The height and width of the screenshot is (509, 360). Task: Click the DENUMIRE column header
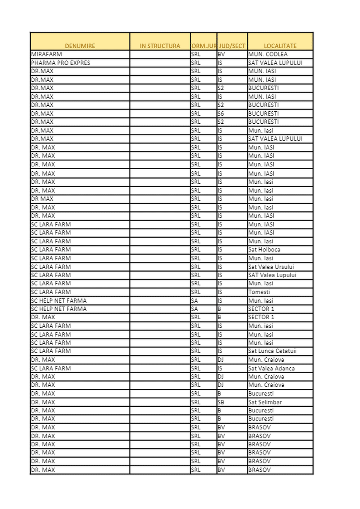[x=80, y=46]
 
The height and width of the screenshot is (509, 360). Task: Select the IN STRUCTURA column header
[x=160, y=46]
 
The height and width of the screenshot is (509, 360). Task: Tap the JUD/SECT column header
[x=232, y=46]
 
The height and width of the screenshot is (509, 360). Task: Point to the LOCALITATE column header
[x=280, y=46]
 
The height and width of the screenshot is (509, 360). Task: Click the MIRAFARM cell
[x=47, y=54]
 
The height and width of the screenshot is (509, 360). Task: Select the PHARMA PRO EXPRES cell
[x=61, y=63]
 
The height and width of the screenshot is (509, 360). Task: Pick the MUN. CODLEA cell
[x=268, y=54]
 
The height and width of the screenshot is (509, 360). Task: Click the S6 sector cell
[x=221, y=114]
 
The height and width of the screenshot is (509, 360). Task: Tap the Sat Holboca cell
[x=264, y=250]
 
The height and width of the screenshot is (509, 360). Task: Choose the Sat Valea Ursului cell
[x=271, y=267]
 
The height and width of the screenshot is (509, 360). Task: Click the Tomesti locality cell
[x=259, y=292]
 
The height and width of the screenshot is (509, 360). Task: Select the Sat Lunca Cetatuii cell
[x=272, y=351]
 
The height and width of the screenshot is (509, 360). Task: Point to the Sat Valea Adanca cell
[x=271, y=369]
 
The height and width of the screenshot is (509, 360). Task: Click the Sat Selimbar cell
[x=265, y=402]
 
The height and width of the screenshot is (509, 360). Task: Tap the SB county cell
[x=221, y=402]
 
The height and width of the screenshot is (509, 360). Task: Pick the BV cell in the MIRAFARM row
[x=221, y=54]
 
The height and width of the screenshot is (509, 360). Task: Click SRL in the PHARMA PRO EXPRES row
[x=196, y=63]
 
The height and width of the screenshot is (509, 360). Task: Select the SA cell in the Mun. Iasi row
[x=195, y=301]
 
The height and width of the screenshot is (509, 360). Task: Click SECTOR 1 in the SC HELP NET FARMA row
[x=261, y=309]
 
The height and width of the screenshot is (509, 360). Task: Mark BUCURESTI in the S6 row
[x=264, y=114]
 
